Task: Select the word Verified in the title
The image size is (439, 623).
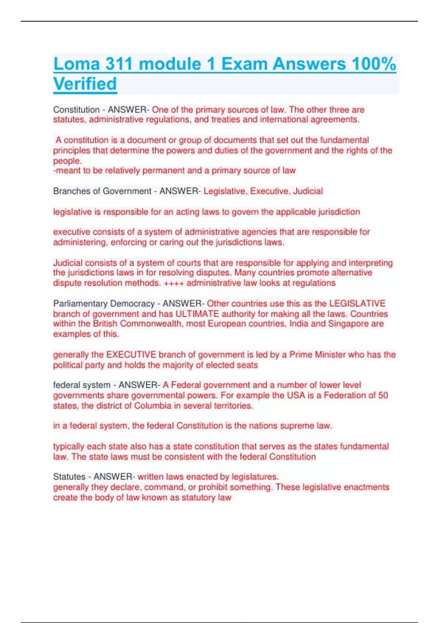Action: tap(85, 84)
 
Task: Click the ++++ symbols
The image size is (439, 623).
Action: tap(174, 283)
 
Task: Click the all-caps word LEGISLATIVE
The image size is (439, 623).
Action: tap(357, 303)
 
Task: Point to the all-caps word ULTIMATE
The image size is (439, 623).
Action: tap(197, 314)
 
